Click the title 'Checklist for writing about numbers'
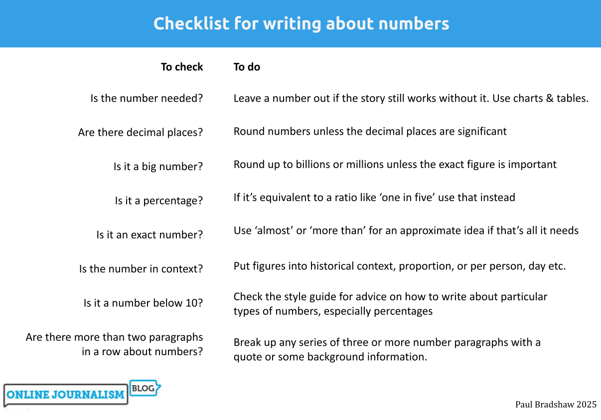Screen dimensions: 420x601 (x=301, y=23)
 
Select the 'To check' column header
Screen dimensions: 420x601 (x=182, y=67)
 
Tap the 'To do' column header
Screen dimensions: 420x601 (x=247, y=67)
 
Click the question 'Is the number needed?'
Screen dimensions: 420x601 (x=147, y=98)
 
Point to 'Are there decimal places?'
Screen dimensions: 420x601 (x=141, y=133)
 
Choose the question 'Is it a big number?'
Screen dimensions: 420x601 (x=158, y=167)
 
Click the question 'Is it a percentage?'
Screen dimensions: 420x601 (x=159, y=201)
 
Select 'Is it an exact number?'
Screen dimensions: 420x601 (x=150, y=234)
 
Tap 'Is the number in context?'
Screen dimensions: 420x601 (x=141, y=269)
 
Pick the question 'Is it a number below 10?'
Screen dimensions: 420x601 (x=143, y=303)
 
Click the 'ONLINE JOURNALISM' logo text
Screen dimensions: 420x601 (x=65, y=395)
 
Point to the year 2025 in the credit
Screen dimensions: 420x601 (x=587, y=405)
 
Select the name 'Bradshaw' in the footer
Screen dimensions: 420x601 (x=555, y=405)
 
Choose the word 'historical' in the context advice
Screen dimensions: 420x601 (x=332, y=266)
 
